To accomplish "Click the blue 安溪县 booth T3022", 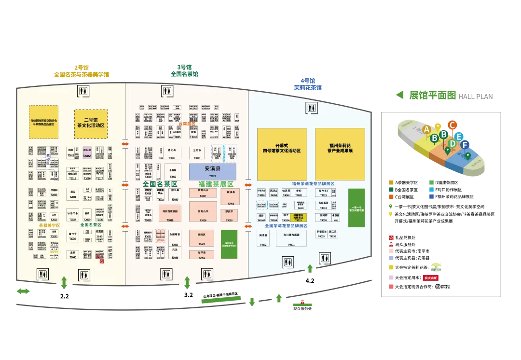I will click(212, 171).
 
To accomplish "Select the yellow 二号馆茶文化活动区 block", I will click(91, 124).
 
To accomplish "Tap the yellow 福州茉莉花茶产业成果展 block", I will click(340, 154).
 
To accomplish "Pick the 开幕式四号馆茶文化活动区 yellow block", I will click(282, 154).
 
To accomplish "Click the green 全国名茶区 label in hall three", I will click(160, 184).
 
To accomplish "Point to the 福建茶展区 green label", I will click(216, 184).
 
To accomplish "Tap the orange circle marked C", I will click(452, 125).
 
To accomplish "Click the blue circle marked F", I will click(464, 144).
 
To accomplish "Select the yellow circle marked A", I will click(426, 129).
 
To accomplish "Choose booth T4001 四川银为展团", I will click(291, 238).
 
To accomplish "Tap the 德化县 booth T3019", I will click(171, 153).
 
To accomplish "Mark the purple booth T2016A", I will click(87, 152).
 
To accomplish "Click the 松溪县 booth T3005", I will click(230, 196).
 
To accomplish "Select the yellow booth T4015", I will click(298, 217).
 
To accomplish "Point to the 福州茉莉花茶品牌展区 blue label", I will click(313, 184).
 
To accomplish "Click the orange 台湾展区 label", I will click(187, 124).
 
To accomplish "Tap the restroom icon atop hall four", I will click(312, 108).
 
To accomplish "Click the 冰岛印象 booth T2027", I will click(72, 215).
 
